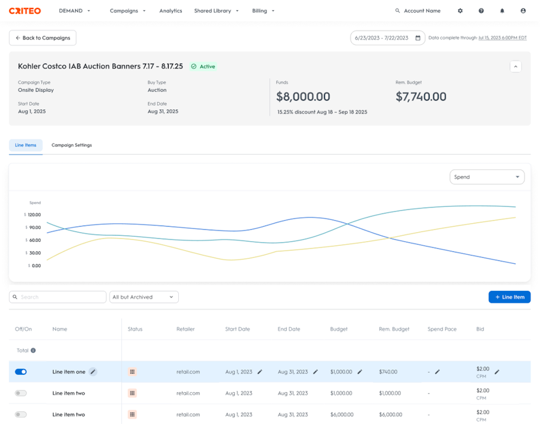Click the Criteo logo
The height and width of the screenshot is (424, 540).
25,11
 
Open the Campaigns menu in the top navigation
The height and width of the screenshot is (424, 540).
127,11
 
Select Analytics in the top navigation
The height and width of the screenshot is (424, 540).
170,11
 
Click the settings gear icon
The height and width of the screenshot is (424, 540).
460,11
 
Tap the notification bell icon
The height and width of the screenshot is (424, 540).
502,11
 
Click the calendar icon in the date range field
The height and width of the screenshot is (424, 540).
418,38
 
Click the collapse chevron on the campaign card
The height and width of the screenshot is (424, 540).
515,67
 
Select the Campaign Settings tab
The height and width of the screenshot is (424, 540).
71,145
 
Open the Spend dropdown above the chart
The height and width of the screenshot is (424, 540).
487,177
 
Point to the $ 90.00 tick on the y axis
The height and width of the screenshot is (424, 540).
33,227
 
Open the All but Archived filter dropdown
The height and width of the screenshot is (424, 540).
144,297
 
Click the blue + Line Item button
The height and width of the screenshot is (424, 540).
509,297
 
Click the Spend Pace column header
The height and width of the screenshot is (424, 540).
442,329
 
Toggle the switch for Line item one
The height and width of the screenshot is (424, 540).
20,372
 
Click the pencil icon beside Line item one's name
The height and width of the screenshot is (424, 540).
93,372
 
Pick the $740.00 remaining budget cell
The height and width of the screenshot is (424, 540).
388,372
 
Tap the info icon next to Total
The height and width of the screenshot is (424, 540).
33,350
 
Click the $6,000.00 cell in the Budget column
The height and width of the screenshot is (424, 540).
341,414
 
